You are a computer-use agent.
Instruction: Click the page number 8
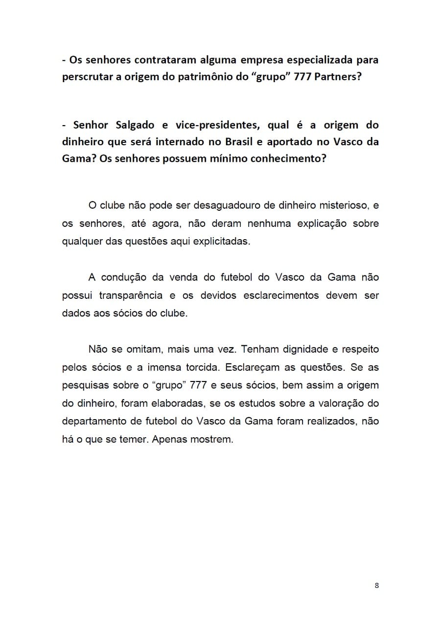[376, 585]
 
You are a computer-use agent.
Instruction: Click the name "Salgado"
[135, 125]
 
